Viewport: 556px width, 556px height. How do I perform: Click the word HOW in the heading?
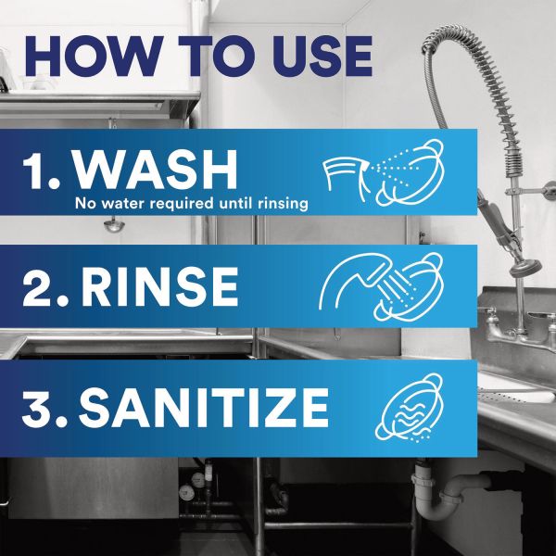92,56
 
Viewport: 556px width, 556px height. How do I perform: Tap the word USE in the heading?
322,56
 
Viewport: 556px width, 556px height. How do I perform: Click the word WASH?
155,170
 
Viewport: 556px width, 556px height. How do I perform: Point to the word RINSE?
159,286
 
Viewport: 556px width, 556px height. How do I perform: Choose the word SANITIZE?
204,408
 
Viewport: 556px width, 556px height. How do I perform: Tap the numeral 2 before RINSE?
38,286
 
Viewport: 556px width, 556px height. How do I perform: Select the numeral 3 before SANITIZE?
37,408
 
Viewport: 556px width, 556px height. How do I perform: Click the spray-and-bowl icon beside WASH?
383,172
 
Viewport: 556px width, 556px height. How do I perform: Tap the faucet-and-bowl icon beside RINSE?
381,286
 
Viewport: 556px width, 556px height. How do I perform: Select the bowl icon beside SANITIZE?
410,408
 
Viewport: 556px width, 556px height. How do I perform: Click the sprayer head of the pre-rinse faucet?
525,267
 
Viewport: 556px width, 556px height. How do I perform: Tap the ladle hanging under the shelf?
114,224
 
